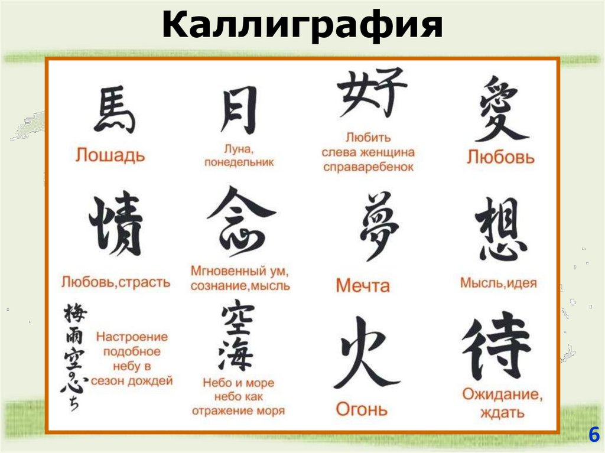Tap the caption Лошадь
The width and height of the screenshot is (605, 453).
point(110,155)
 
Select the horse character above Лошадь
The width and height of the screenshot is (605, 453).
point(114,110)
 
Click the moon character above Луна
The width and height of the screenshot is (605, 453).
point(239,110)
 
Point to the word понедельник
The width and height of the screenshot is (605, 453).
point(239,162)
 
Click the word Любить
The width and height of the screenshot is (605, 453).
point(368,138)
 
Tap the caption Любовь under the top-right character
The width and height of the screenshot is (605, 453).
point(500,157)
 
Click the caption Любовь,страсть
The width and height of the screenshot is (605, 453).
point(115,282)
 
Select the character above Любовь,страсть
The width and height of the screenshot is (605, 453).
point(116,225)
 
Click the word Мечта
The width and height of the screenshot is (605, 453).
point(363,286)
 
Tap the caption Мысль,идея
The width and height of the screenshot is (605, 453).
point(498,283)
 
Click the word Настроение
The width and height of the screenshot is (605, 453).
point(132,337)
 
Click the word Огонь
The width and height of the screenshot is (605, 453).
point(362,409)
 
